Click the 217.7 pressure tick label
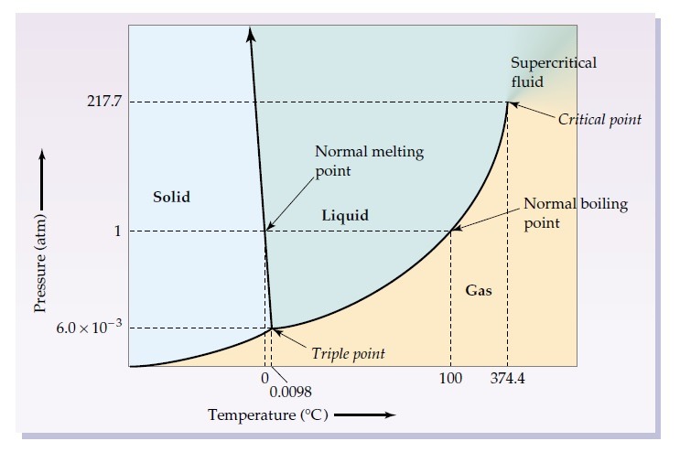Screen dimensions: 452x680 (103, 101)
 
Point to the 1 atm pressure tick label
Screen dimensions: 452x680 (117, 231)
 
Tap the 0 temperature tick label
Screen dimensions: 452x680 (264, 377)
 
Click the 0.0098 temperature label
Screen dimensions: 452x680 (291, 393)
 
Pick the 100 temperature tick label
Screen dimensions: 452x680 (450, 378)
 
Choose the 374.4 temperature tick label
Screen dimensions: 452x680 (508, 378)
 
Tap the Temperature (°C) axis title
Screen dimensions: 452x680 (268, 415)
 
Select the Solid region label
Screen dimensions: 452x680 (172, 197)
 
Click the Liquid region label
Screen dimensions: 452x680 (346, 216)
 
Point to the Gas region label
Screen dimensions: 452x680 (479, 291)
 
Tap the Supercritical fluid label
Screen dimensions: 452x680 (553, 71)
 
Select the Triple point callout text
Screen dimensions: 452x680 (348, 353)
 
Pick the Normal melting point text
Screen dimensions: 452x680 (369, 160)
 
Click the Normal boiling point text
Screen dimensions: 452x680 (575, 212)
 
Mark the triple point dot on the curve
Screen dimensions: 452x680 (272, 328)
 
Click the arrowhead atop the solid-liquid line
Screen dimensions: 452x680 (250, 33)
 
